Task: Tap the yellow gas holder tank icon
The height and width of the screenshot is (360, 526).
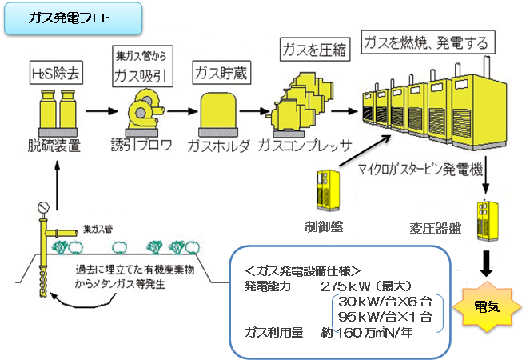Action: click(x=218, y=114)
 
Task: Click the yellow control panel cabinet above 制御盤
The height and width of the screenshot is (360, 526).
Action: click(x=329, y=192)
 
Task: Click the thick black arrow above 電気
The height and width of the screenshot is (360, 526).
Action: click(x=485, y=261)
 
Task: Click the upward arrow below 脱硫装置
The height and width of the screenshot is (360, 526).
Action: click(x=57, y=177)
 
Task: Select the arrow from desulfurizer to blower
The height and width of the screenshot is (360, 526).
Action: click(x=97, y=112)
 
